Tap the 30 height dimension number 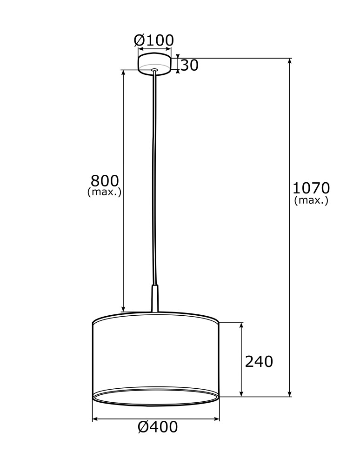pos(189,66)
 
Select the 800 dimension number pos(104,180)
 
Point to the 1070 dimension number pos(311,188)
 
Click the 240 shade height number pos(259,361)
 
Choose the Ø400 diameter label pos(158,427)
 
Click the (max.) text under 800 pos(104,192)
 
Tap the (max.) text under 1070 pos(311,200)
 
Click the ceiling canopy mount pos(154,63)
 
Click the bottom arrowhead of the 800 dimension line pos(123,309)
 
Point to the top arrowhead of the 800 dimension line pos(123,73)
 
